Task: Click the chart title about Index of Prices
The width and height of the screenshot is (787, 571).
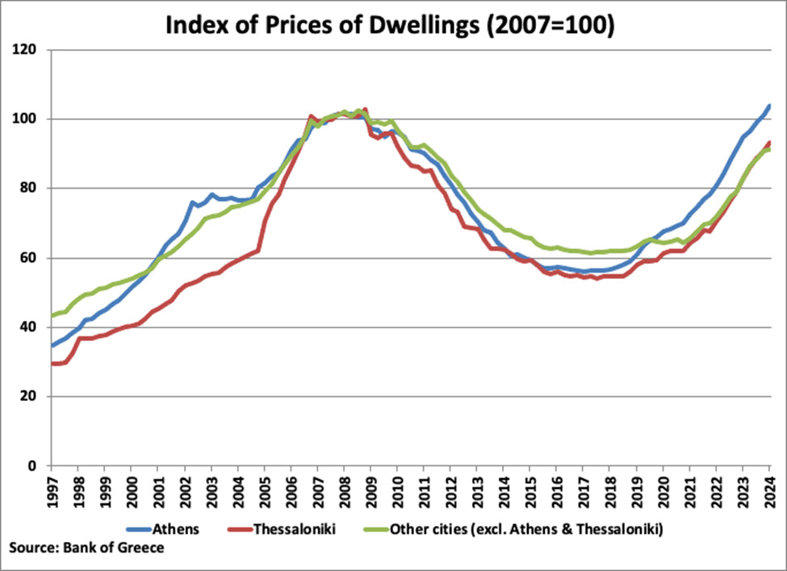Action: tap(391, 25)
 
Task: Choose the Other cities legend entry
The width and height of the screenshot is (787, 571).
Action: tap(525, 530)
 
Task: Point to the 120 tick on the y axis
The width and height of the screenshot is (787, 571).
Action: tap(31, 50)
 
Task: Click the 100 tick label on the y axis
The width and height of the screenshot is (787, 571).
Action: tap(31, 119)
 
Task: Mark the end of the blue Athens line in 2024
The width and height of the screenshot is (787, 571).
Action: tap(769, 106)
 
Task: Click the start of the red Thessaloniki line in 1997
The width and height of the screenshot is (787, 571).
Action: tap(52, 364)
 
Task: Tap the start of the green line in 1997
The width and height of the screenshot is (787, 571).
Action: tap(52, 315)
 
